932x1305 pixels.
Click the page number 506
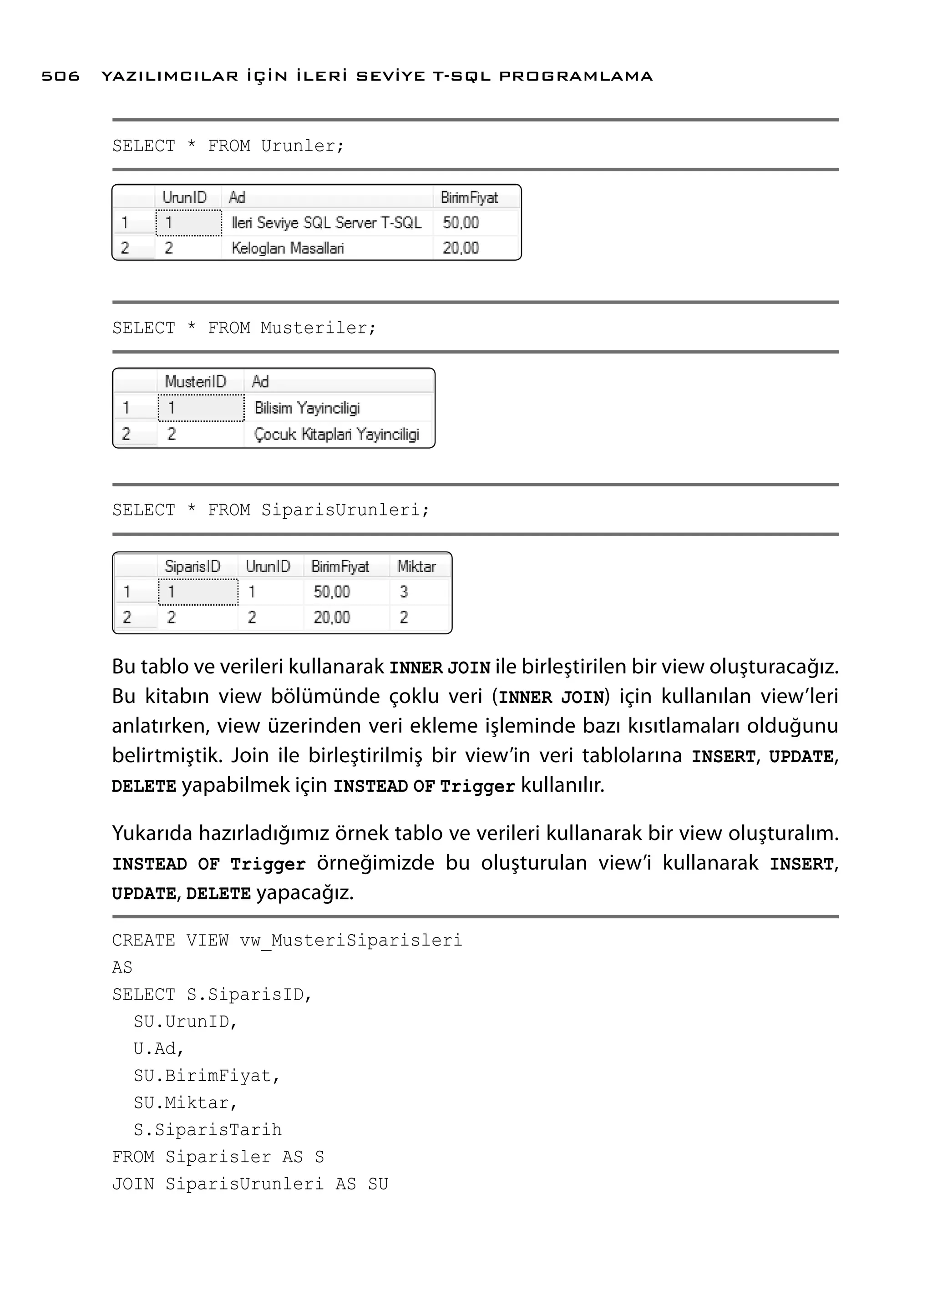pyautogui.click(x=60, y=76)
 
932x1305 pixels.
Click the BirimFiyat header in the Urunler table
pyautogui.click(x=469, y=198)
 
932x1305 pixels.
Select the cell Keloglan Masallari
pyautogui.click(x=288, y=248)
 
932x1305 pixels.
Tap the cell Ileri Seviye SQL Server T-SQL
pyautogui.click(x=326, y=223)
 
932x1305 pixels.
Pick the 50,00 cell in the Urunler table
pyautogui.click(x=460, y=223)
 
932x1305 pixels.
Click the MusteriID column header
pyautogui.click(x=195, y=382)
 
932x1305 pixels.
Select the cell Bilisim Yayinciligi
pyautogui.click(x=307, y=408)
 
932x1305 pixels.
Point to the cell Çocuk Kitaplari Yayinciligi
pyautogui.click(x=336, y=435)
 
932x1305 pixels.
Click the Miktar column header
pyautogui.click(x=417, y=567)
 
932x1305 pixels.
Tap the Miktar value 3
pyautogui.click(x=404, y=592)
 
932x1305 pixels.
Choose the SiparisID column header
pyautogui.click(x=192, y=567)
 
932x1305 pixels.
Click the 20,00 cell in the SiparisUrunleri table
pyautogui.click(x=331, y=617)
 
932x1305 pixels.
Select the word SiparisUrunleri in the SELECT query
pyautogui.click(x=341, y=510)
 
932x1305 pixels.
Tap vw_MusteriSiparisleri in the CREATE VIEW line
pyautogui.click(x=351, y=941)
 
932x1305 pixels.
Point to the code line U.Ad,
pyautogui.click(x=158, y=1049)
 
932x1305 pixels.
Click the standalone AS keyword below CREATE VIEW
pyautogui.click(x=122, y=967)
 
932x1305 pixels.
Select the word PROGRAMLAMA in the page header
pyautogui.click(x=576, y=76)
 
